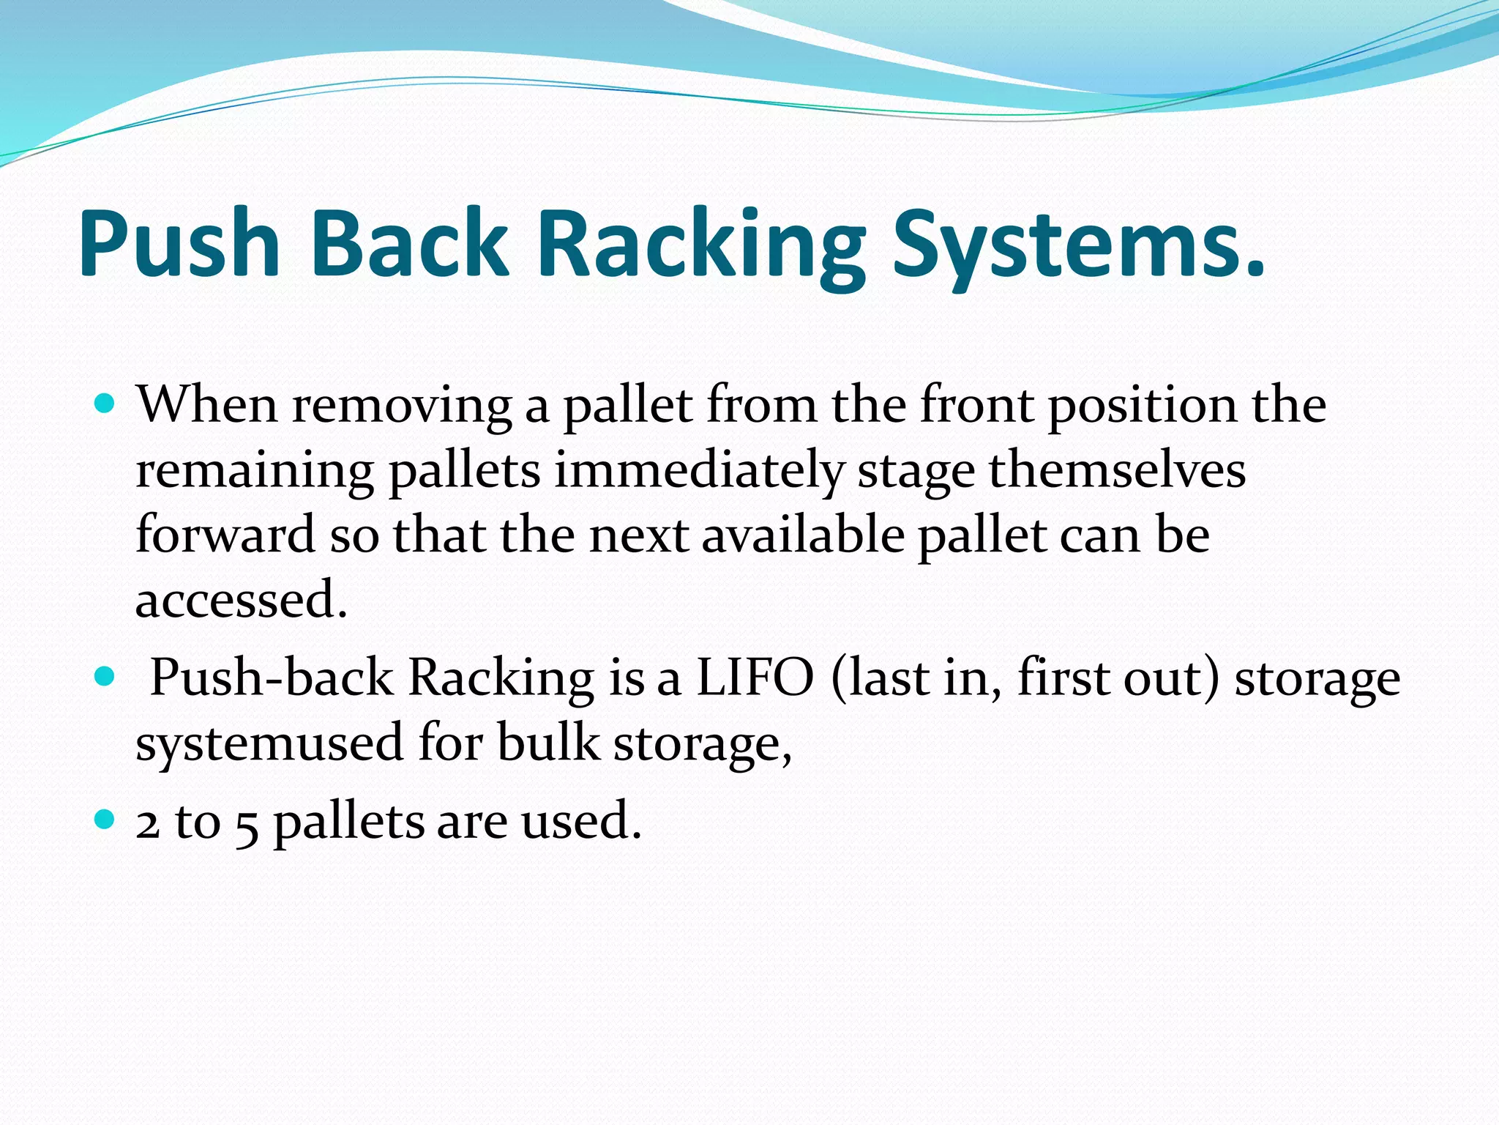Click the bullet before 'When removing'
pyautogui.click(x=105, y=404)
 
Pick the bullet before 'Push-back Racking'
pyautogui.click(x=105, y=677)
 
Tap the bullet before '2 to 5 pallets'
pyautogui.click(x=105, y=819)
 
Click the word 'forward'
pyautogui.click(x=225, y=535)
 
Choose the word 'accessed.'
pyautogui.click(x=241, y=600)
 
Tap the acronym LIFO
pyautogui.click(x=755, y=677)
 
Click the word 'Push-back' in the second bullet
pyautogui.click(x=272, y=677)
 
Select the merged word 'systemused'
pyautogui.click(x=270, y=743)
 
